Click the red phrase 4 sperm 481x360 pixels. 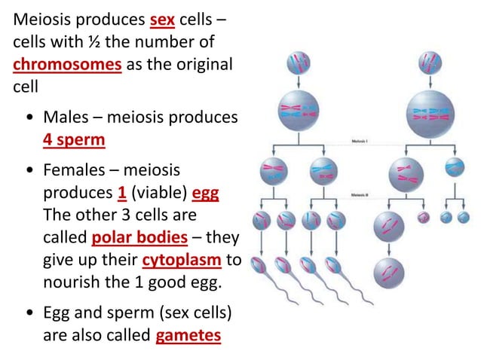click(74, 139)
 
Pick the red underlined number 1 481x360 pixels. click(121, 193)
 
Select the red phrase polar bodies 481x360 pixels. click(139, 237)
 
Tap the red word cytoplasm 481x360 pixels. click(182, 261)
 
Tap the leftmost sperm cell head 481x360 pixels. click(259, 266)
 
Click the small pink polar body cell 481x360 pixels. click(422, 217)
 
